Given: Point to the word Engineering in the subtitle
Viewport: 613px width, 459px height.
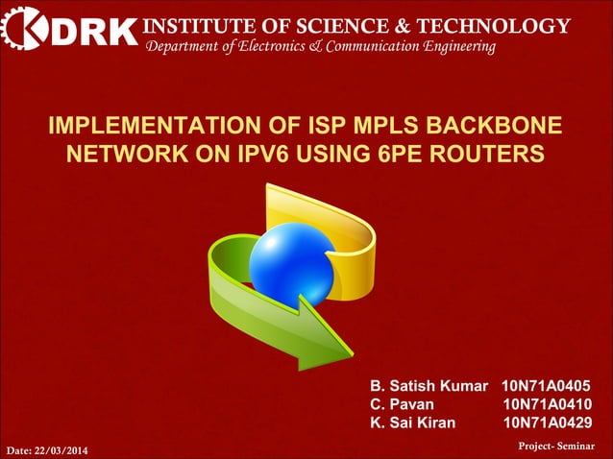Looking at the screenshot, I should (x=459, y=46).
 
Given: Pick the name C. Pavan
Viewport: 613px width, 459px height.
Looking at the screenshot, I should (x=403, y=403).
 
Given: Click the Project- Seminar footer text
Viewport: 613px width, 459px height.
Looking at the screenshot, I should (x=556, y=447).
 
